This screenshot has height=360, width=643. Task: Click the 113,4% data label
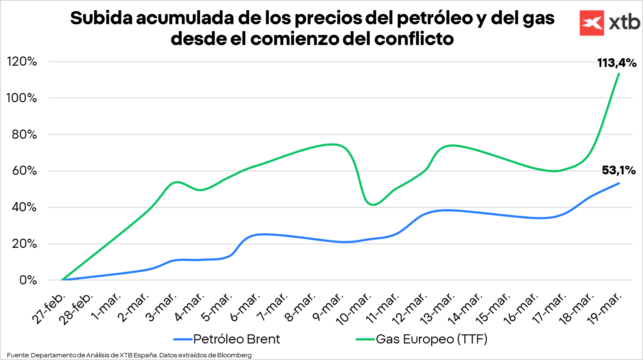[x=616, y=63]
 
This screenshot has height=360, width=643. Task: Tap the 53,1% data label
[x=619, y=170]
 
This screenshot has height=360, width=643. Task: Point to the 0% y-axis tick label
[x=28, y=280]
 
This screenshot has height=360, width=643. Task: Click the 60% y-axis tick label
[x=24, y=170]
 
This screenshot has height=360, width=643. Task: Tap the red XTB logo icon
[x=592, y=23]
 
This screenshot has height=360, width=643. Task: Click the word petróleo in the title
[x=434, y=18]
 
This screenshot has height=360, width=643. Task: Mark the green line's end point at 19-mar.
[x=619, y=73]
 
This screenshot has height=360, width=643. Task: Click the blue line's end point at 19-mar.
[x=619, y=183]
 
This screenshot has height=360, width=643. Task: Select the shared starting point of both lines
[x=62, y=280]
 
